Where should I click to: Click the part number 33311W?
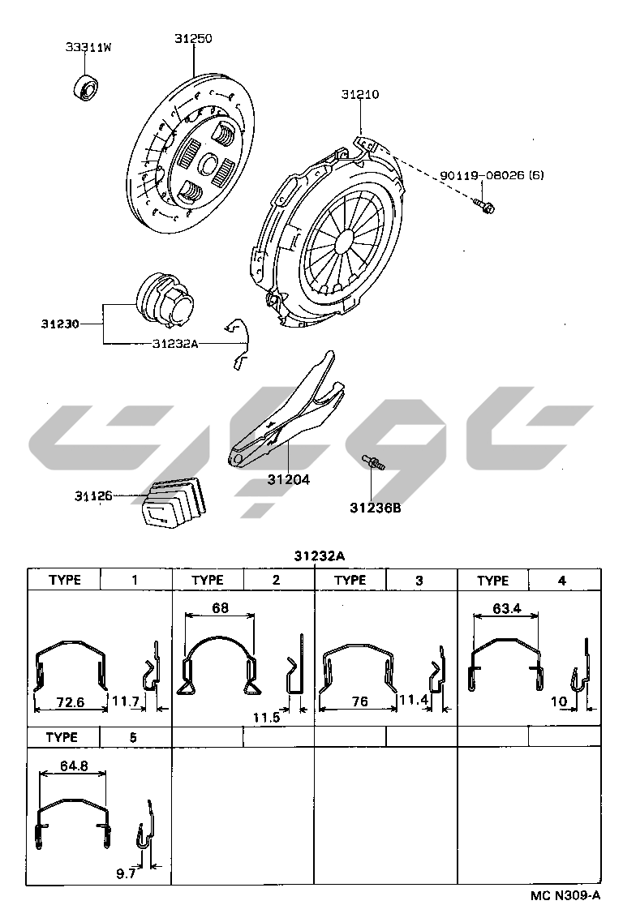(88, 47)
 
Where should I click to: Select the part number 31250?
(193, 39)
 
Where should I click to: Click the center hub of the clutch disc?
(208, 163)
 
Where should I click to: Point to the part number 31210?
(360, 94)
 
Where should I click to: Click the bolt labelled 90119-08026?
(484, 205)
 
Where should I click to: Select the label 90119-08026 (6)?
(492, 175)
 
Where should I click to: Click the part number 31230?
(60, 324)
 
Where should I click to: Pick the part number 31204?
(289, 479)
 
